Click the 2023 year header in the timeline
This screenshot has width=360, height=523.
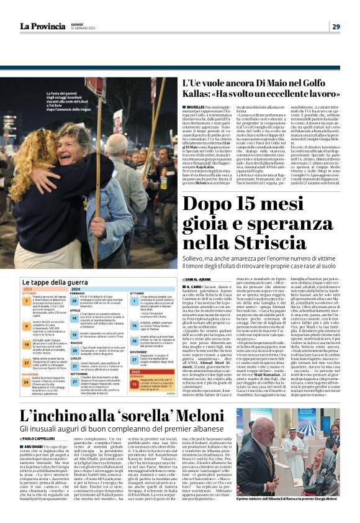coord(28,289)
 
